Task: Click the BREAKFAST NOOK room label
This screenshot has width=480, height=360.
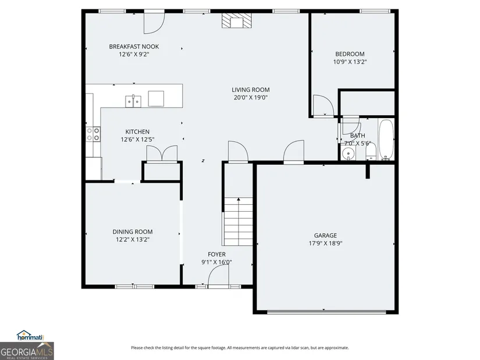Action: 134,47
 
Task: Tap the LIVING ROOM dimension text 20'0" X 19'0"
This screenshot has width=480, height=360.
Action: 250,98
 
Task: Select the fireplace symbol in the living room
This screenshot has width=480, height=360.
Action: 237,21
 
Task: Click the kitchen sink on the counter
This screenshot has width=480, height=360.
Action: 133,101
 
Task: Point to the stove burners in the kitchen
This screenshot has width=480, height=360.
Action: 93,134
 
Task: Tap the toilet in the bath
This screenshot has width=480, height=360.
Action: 371,152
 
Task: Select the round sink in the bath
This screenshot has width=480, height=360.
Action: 348,154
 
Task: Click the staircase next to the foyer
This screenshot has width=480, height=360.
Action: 239,222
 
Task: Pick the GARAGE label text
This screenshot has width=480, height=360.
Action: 325,236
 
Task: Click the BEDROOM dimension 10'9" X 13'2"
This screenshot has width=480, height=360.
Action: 350,62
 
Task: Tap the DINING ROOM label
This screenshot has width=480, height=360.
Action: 133,231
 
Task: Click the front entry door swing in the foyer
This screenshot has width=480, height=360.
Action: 218,275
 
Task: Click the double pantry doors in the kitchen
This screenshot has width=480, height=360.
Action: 162,154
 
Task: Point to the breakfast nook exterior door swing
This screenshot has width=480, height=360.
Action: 155,23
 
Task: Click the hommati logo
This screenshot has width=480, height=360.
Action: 30,336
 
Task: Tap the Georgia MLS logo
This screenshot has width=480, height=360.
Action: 27,351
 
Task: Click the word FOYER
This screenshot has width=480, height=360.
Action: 217,254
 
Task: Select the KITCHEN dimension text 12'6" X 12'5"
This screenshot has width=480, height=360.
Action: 137,140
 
